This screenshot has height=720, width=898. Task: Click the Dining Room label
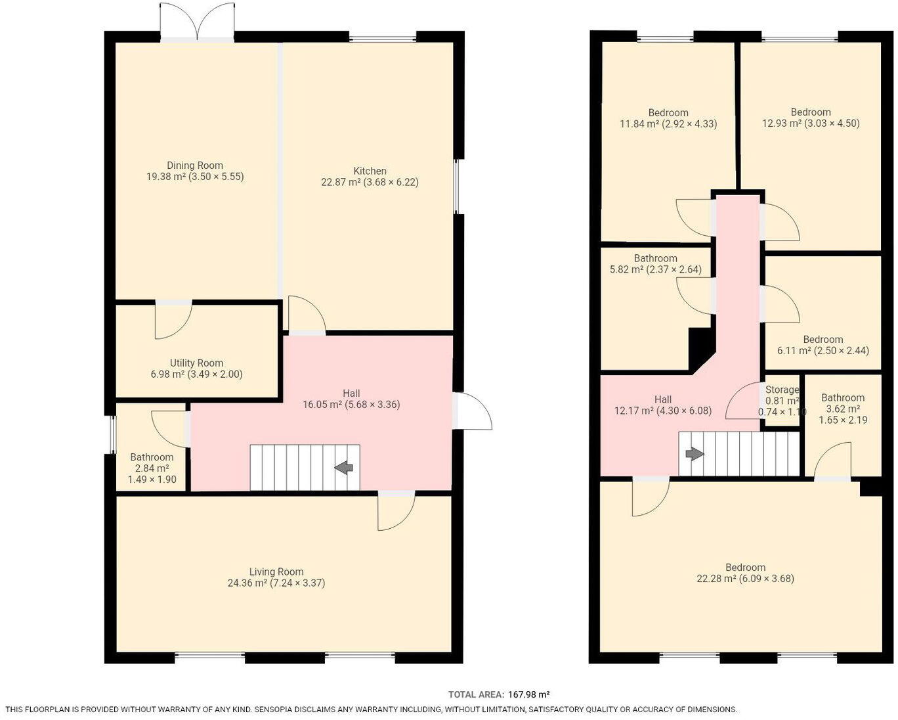[x=195, y=166]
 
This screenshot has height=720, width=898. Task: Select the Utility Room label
[x=196, y=363]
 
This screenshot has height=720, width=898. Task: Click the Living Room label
[x=276, y=572]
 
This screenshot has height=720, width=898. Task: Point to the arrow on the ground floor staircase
[x=344, y=467]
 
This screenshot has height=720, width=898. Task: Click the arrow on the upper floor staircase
[x=695, y=454]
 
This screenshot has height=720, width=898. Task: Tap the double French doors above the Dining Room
[x=198, y=23]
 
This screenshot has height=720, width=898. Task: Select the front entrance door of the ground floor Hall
[x=473, y=412]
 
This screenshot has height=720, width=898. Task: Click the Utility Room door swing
[x=172, y=320]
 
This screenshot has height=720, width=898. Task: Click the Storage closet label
[x=782, y=390]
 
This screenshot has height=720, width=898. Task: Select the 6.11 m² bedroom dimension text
[x=823, y=350]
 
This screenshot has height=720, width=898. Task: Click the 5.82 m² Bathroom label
[x=655, y=258]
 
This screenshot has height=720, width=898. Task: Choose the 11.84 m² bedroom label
[x=668, y=112]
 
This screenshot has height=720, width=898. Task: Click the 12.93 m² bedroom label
[x=811, y=112]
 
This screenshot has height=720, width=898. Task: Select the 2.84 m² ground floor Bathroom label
[x=152, y=457]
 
